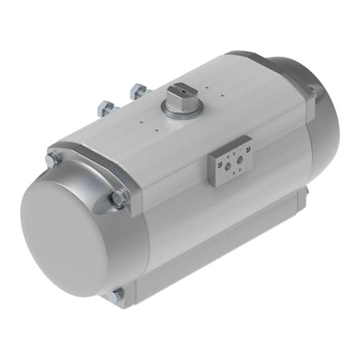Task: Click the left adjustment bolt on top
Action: (x=104, y=106)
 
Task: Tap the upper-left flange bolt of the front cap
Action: (x=53, y=160)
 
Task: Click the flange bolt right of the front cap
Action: (x=120, y=197)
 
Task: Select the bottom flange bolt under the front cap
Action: (x=117, y=294)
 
